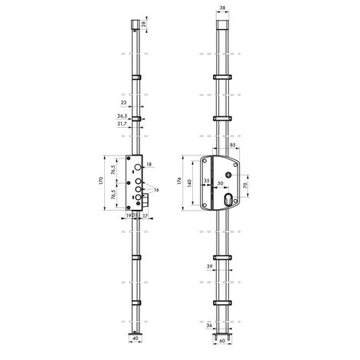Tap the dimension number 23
[x=123, y=101]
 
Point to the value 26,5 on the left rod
[x=123, y=117]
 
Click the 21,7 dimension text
[x=123, y=124]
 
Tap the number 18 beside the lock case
[x=150, y=165]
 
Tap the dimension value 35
[x=206, y=181]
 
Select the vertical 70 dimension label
[x=246, y=185]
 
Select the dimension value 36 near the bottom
[x=208, y=324]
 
